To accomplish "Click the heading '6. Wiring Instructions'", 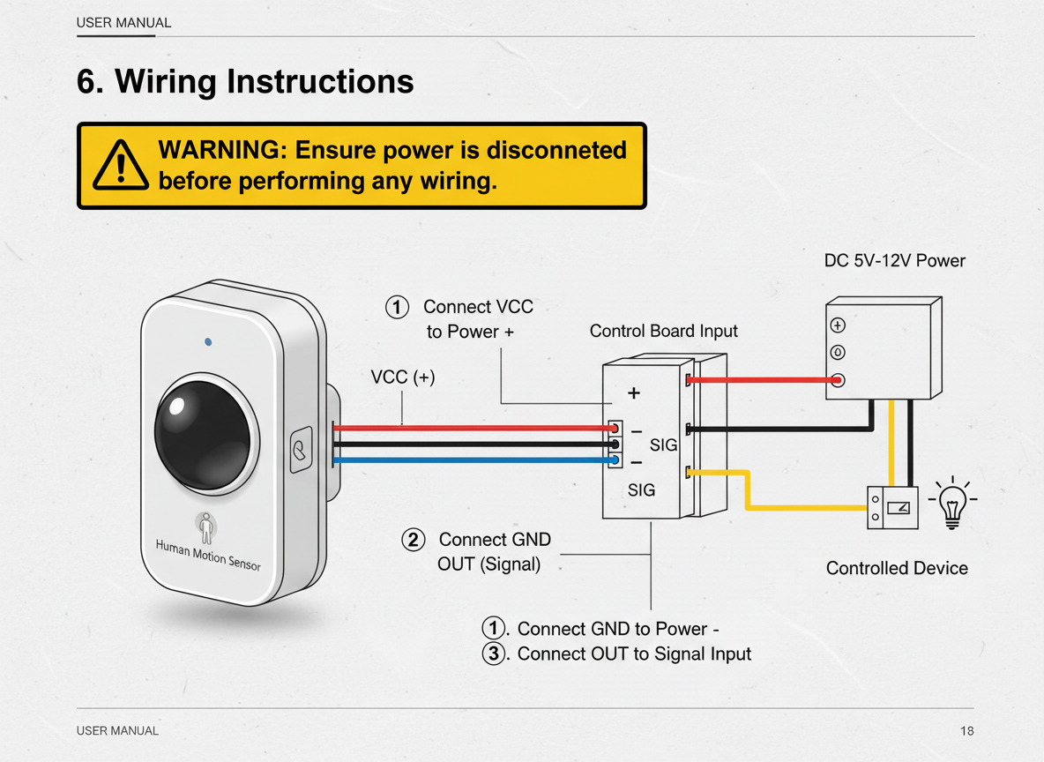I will tap(245, 81).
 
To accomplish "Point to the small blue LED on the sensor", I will tap(207, 340).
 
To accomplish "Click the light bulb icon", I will tap(951, 504).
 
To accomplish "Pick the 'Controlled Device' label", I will tap(897, 568).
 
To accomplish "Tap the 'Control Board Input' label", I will tap(663, 331).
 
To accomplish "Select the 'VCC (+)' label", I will tap(403, 377).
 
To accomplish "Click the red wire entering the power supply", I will tap(758, 380).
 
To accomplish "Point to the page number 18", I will tap(967, 730).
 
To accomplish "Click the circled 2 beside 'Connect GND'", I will tap(413, 539).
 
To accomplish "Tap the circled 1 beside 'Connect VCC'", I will tap(398, 307).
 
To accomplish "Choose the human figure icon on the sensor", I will tap(206, 527).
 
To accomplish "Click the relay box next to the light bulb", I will tap(892, 507).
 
